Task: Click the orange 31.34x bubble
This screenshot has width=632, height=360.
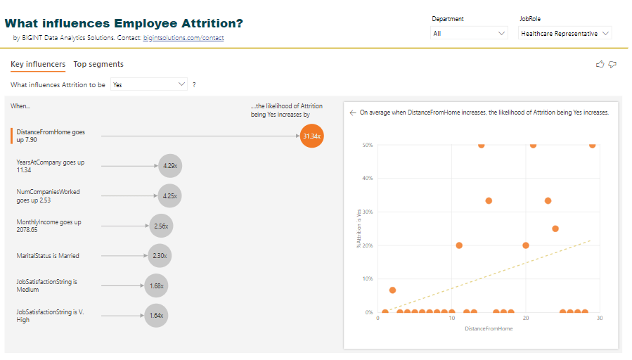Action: point(311,136)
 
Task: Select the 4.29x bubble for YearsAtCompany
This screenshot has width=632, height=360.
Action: point(169,166)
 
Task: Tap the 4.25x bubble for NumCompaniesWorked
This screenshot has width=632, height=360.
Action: point(169,196)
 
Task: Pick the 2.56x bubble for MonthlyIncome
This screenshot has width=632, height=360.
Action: point(160,226)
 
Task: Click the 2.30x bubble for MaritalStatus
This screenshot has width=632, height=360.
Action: point(160,256)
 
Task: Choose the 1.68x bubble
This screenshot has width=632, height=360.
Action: point(156,285)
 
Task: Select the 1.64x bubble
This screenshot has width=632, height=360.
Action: point(156,316)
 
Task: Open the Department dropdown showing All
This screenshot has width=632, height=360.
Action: point(468,33)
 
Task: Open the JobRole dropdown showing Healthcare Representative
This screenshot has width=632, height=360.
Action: point(565,33)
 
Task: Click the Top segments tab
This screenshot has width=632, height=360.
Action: point(98,64)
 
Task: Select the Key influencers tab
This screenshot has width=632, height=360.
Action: point(38,64)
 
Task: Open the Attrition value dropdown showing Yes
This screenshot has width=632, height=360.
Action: point(149,84)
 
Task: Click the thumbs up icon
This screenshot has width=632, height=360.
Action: point(600,65)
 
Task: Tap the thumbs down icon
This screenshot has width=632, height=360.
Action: point(612,65)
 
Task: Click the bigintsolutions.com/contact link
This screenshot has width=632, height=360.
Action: point(183,38)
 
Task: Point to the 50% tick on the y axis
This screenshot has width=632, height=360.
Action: point(367,145)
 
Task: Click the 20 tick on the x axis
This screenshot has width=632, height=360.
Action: point(526,319)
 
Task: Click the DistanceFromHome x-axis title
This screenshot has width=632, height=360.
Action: point(489,328)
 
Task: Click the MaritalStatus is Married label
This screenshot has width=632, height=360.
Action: point(48,256)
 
